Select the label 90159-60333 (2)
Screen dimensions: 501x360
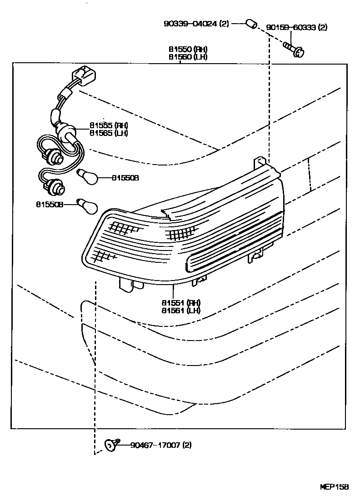(x=297, y=27)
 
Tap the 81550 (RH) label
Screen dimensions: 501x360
(x=181, y=49)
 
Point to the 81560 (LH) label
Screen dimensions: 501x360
(x=181, y=57)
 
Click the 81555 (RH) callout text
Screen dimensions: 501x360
(x=109, y=125)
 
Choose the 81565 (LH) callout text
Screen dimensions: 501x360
(x=109, y=133)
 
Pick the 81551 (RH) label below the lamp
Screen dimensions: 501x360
(x=180, y=303)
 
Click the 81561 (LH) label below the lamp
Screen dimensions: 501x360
(x=180, y=311)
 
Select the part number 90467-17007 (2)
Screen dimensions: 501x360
(x=161, y=445)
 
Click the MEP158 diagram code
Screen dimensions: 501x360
(x=334, y=486)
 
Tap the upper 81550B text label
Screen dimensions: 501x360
(x=125, y=178)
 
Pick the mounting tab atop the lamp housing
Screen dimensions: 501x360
(x=260, y=162)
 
